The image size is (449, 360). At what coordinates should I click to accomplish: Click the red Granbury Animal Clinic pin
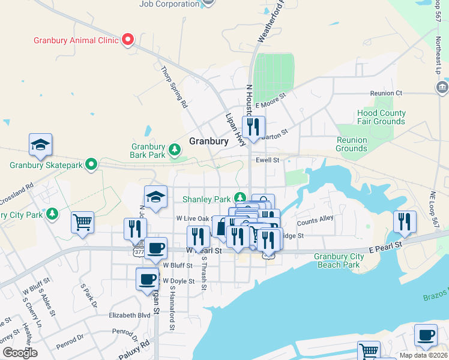128,40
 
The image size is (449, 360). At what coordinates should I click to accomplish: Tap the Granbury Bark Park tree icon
175,149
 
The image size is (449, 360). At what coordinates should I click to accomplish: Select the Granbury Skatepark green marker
91,164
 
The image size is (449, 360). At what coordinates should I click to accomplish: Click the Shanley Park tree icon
240,197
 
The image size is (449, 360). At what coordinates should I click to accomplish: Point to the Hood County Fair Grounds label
381,117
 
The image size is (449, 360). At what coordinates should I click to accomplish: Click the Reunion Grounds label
351,144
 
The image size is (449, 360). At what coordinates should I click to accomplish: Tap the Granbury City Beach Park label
339,260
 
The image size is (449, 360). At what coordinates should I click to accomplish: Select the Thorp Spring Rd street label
175,87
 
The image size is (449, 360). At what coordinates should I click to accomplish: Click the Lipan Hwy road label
236,129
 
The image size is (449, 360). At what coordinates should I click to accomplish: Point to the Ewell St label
268,160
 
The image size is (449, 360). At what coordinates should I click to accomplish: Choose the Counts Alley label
315,220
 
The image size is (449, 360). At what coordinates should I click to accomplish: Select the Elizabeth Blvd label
129,314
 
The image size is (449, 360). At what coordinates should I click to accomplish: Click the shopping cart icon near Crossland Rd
82,222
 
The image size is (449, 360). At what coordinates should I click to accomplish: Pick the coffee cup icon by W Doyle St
148,278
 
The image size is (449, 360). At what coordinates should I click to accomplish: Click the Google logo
20,353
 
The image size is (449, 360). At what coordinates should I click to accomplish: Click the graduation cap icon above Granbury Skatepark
40,145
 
